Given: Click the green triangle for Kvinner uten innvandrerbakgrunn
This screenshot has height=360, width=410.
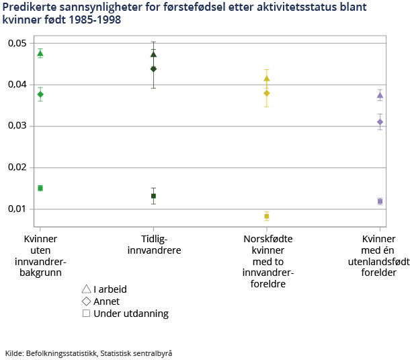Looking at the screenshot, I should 40,53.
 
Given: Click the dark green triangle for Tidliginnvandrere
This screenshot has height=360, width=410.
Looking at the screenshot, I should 153,54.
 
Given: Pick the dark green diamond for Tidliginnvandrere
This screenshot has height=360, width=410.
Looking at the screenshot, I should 153,69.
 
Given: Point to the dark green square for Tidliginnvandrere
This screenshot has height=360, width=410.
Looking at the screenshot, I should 153,196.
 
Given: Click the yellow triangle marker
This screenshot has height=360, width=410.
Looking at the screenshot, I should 267,79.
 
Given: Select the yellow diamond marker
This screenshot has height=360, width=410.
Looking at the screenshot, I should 267,93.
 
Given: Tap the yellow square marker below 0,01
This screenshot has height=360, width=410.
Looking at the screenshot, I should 267,216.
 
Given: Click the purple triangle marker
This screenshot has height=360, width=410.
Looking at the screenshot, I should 380,95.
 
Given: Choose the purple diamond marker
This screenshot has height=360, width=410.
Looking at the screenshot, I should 380,122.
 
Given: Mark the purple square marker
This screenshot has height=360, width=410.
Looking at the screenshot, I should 380,201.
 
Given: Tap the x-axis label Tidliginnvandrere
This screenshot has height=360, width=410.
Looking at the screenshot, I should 153,245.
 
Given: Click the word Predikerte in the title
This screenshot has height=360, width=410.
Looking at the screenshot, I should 27,7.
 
